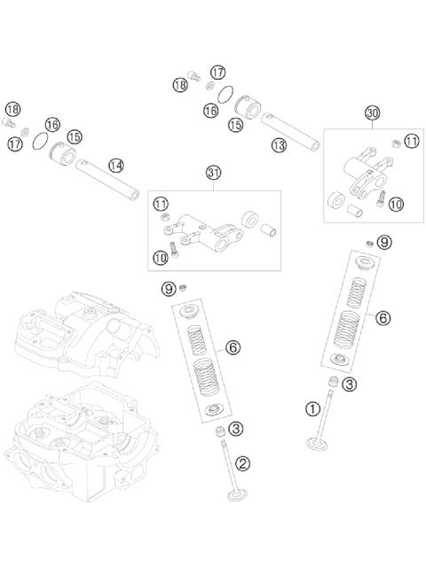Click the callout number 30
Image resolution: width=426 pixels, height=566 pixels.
point(372,113)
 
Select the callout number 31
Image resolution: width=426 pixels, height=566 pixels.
point(213,173)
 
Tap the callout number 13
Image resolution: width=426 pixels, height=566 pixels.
point(279,145)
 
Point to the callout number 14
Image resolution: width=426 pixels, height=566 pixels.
point(116,166)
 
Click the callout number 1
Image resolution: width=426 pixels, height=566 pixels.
point(312,409)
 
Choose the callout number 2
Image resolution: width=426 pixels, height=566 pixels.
point(242,463)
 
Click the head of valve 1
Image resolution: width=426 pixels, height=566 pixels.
point(317,444)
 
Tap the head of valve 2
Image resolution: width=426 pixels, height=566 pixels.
point(237,495)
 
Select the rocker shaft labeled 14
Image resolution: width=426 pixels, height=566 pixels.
point(107,180)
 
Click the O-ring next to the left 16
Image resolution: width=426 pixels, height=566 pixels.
point(41,141)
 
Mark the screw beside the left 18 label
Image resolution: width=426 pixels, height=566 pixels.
point(9,122)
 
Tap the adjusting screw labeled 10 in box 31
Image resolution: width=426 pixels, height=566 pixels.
point(174,249)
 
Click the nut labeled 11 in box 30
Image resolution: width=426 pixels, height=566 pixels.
point(397,143)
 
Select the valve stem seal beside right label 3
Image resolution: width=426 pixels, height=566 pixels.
point(333,382)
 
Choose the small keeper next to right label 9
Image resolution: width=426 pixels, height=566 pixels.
point(369,244)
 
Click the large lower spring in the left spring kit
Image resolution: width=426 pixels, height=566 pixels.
point(206,376)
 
